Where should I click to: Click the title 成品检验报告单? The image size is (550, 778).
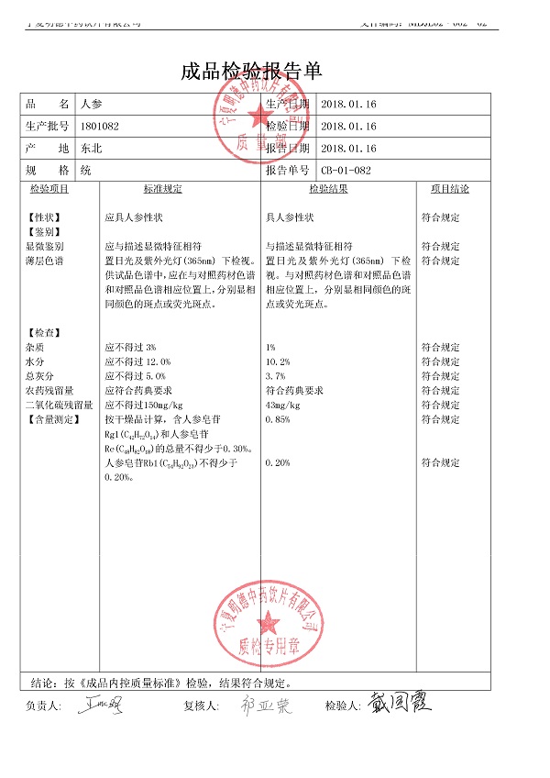tap(252, 72)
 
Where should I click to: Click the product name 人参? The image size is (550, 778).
tap(93, 105)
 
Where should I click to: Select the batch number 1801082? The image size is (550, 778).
tap(100, 126)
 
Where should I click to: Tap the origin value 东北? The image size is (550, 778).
tap(92, 148)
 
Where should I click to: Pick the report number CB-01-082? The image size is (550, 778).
tap(346, 170)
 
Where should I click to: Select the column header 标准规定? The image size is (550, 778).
tap(162, 189)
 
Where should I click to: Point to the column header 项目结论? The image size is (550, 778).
tap(450, 189)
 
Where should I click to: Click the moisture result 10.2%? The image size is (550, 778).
tap(278, 362)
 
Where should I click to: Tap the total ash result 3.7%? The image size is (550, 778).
tap(276, 376)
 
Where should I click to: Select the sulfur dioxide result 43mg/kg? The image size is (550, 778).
tap(282, 405)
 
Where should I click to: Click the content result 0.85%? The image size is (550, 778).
tap(278, 419)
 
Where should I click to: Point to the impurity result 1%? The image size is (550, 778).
tap(270, 348)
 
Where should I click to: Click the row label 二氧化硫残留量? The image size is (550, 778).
tap(59, 405)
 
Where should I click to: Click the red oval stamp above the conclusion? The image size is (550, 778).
tap(267, 627)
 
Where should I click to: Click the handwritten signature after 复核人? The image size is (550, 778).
tap(265, 706)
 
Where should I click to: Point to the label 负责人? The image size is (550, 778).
tap(42, 706)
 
